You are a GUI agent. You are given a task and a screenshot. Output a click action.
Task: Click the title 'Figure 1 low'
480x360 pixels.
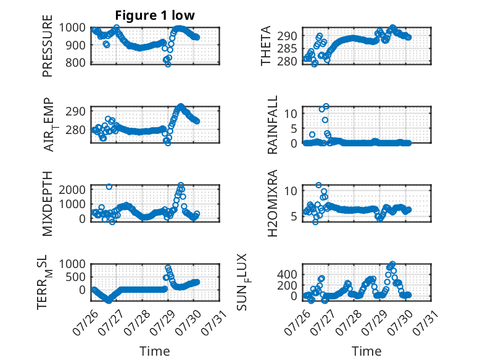click(x=155, y=15)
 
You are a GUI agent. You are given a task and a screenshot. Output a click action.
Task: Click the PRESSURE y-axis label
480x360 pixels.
click(x=48, y=46)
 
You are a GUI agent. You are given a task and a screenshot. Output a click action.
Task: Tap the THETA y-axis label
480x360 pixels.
click(x=266, y=46)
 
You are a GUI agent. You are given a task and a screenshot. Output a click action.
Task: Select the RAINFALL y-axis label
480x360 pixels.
click(x=272, y=125)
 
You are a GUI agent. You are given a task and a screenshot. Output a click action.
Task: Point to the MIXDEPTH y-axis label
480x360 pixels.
click(x=48, y=204)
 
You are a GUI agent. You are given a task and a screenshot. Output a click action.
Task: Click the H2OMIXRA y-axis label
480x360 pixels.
click(x=272, y=203)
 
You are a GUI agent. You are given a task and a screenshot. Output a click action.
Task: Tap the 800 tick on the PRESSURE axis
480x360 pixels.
click(x=73, y=62)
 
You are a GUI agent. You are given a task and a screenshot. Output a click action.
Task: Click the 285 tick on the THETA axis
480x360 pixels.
click(x=287, y=48)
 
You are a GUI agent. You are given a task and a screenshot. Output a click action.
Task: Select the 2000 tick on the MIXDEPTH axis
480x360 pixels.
click(x=72, y=190)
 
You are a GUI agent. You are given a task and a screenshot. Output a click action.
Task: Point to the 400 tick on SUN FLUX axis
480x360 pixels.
click(x=287, y=274)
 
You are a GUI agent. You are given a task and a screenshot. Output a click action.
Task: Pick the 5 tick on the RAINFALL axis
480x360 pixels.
click(x=294, y=128)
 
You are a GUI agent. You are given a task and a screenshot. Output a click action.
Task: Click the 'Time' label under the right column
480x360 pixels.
click(x=366, y=351)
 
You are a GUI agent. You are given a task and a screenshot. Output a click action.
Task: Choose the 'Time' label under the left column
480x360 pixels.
click(x=155, y=351)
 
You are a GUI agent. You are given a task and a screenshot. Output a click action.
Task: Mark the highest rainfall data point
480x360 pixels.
click(x=326, y=106)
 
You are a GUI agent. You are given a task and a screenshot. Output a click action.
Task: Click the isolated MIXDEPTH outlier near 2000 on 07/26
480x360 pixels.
click(x=109, y=186)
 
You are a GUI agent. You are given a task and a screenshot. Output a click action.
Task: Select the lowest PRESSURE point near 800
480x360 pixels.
click(x=168, y=64)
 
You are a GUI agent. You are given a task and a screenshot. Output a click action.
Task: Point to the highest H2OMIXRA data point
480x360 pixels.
click(x=319, y=185)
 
